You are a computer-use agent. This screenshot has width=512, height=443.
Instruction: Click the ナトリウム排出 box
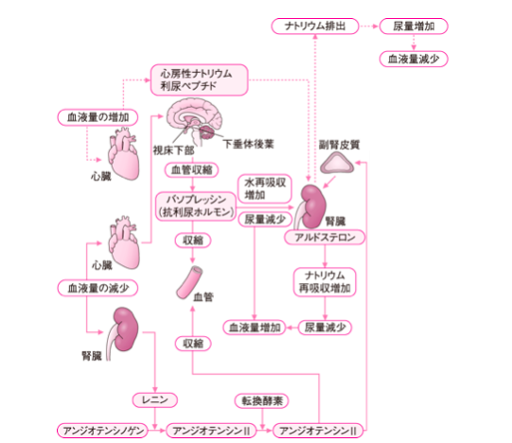(315, 27)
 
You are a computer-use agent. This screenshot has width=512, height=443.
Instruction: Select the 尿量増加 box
(414, 27)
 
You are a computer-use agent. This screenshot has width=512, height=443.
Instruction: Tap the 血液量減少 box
(414, 59)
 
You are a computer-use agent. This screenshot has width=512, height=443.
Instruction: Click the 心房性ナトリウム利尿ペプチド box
(199, 80)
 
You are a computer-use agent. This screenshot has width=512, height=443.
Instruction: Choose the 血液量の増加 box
(97, 117)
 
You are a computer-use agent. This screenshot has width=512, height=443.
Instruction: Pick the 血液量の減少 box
(97, 288)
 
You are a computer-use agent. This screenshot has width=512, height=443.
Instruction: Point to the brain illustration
(195, 121)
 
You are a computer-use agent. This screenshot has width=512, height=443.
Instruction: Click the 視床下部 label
(173, 151)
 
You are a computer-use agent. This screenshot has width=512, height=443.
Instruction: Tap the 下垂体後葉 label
(248, 144)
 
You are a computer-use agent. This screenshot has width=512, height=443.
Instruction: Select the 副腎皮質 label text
(339, 145)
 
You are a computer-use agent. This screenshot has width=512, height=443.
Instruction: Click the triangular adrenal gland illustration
(337, 164)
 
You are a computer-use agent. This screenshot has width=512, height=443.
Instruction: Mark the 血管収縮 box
(192, 169)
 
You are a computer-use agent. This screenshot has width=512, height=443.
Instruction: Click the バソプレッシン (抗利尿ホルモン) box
(196, 206)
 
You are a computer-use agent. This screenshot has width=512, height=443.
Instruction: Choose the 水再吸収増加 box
(264, 188)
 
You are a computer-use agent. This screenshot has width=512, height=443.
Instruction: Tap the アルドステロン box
(325, 238)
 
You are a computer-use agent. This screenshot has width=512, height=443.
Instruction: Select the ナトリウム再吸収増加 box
(325, 282)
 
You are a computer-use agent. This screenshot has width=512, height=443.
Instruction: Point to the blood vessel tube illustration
(189, 282)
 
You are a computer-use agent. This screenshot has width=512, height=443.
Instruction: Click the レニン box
(155, 399)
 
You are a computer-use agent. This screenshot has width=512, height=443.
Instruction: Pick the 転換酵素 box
(261, 400)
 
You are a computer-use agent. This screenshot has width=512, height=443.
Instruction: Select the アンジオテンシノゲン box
(102, 431)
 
